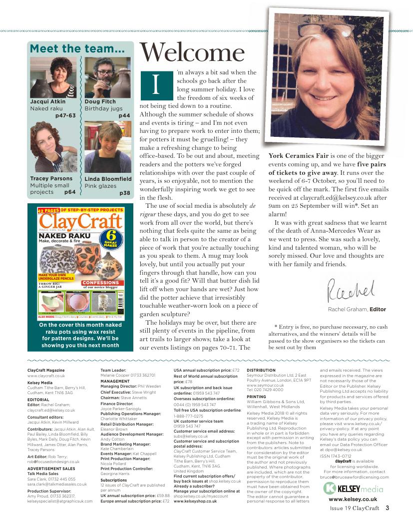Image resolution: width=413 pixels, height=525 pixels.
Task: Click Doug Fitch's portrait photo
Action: tap(107, 77)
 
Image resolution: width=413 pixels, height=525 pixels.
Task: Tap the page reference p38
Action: tap(125, 193)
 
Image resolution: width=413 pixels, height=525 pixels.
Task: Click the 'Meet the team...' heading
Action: tap(77, 49)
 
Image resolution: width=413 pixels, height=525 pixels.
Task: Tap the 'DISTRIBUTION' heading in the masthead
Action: tap(261, 371)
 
